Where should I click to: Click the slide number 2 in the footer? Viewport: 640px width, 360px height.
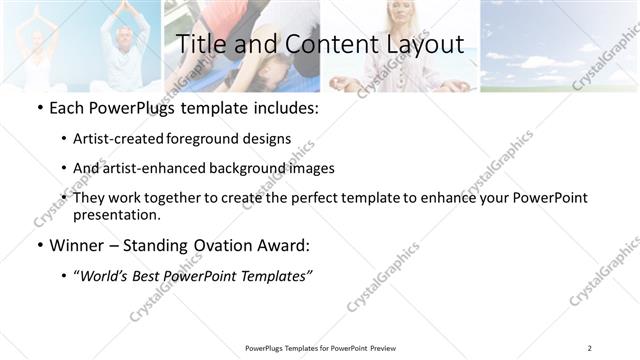click(589, 348)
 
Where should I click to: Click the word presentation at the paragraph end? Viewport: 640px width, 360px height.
click(115, 215)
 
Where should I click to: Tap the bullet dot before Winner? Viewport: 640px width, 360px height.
click(38, 245)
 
